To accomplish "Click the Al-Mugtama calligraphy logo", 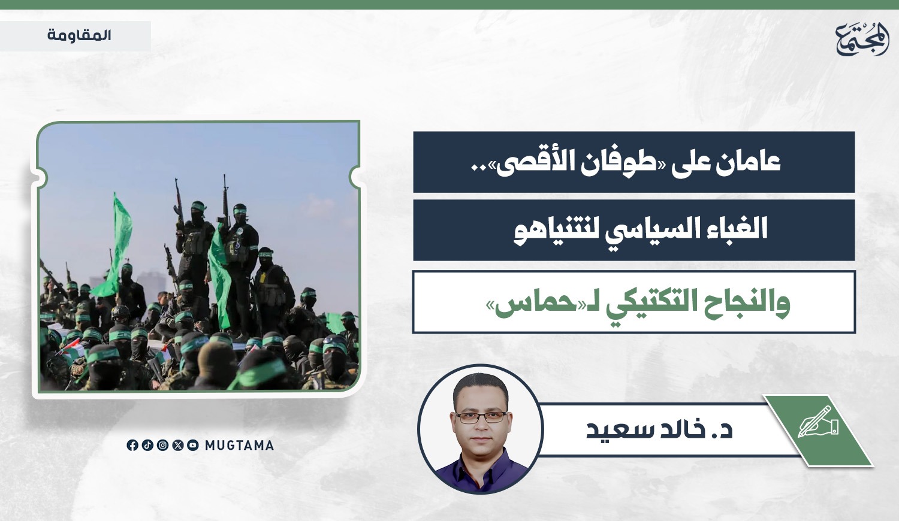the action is (x=862, y=38).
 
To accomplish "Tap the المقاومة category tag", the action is (x=79, y=36).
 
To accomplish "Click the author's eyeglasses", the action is (x=481, y=417).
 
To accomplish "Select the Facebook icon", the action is (x=132, y=445).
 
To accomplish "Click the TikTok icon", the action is (x=147, y=445).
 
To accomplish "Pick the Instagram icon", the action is (x=162, y=445).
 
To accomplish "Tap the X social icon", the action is (x=178, y=445).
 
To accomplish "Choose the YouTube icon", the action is (x=193, y=445).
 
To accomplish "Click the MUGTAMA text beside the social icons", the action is (x=239, y=445).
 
